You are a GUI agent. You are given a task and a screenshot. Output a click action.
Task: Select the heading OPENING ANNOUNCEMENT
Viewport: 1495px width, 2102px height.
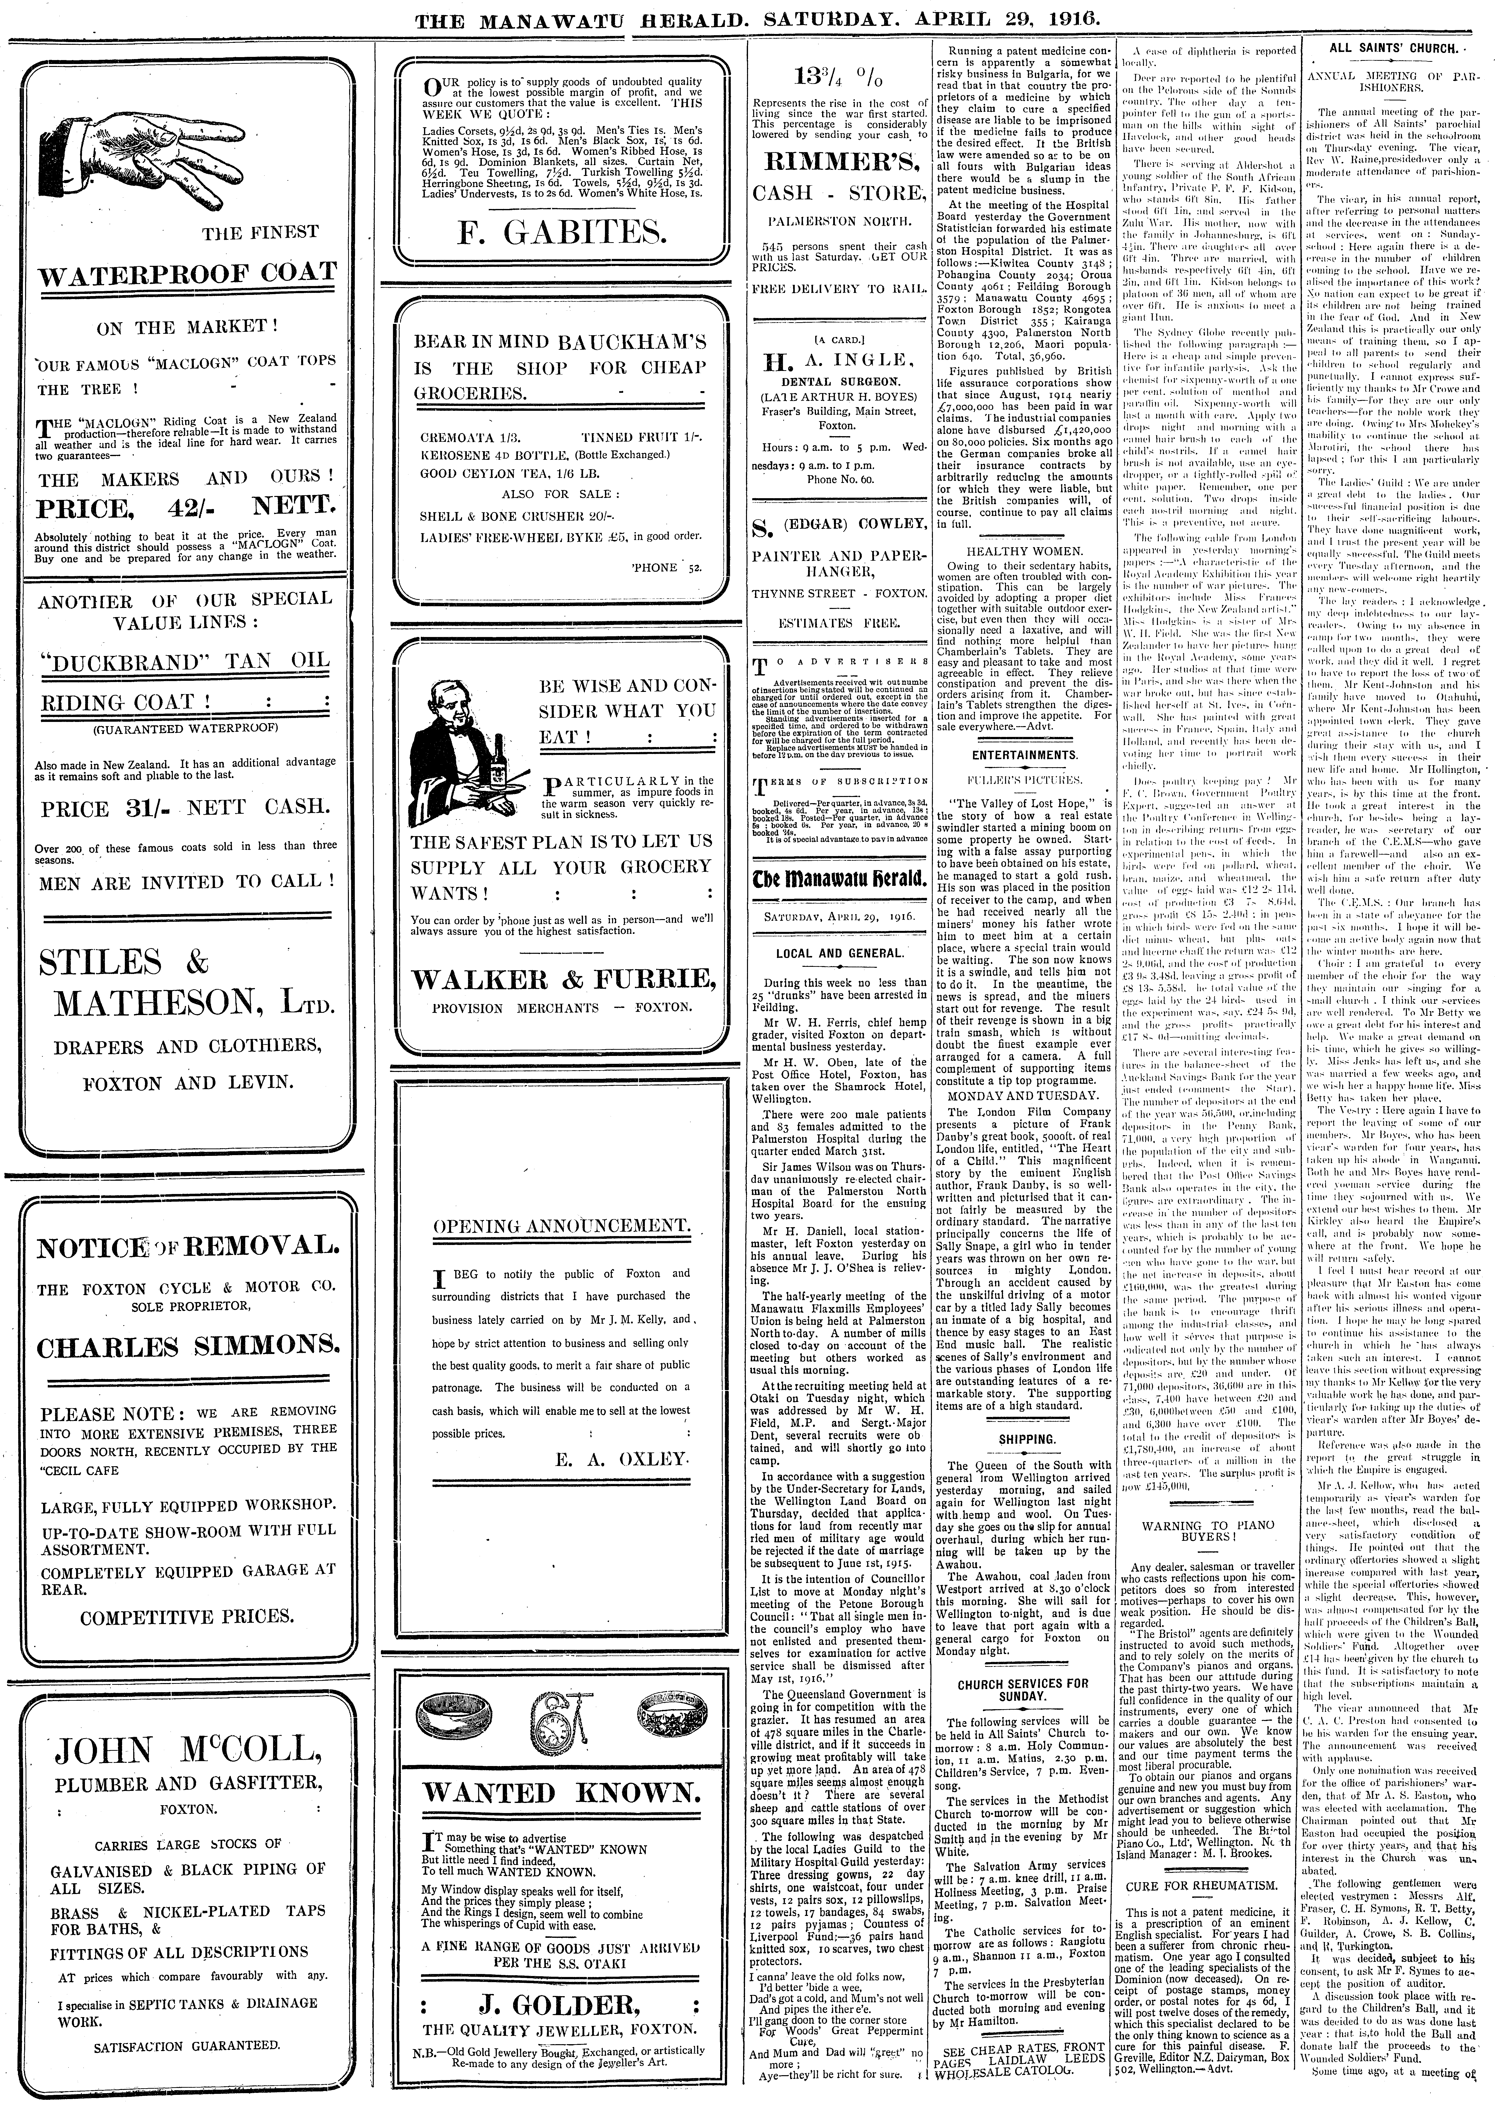[x=561, y=1226]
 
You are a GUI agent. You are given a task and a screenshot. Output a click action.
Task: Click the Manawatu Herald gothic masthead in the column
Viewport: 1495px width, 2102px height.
[x=839, y=879]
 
